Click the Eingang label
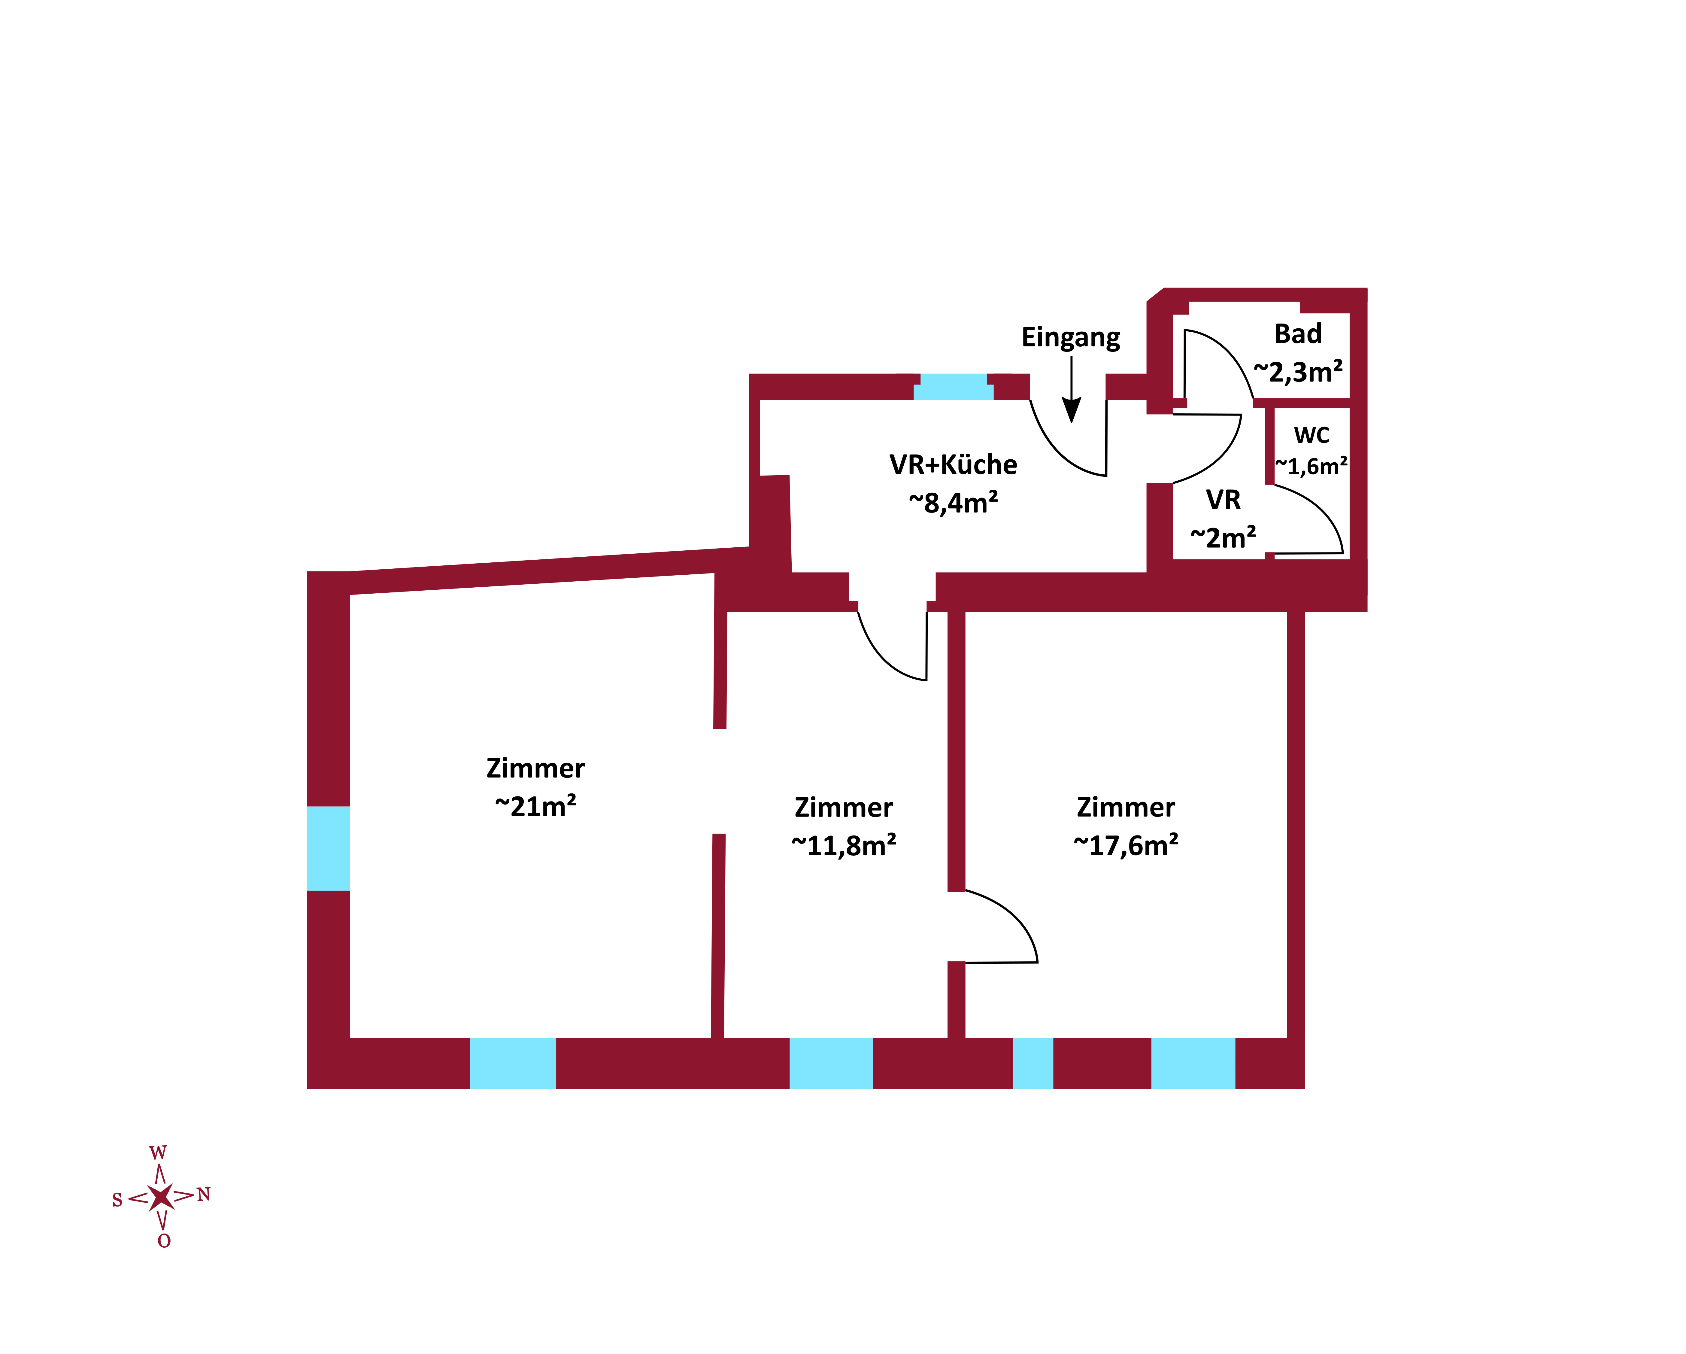[x=1071, y=337]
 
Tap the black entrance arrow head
[x=1071, y=410]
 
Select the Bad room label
[x=1298, y=334]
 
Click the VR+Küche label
[x=953, y=465]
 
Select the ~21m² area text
[x=536, y=806]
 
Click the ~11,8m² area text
[x=844, y=845]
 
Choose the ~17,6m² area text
[x=1126, y=845]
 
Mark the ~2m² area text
[x=1223, y=537]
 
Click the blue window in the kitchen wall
[x=953, y=386]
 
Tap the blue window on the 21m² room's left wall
[x=329, y=848]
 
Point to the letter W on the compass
[x=158, y=1153]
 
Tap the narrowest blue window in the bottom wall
[x=1033, y=1063]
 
